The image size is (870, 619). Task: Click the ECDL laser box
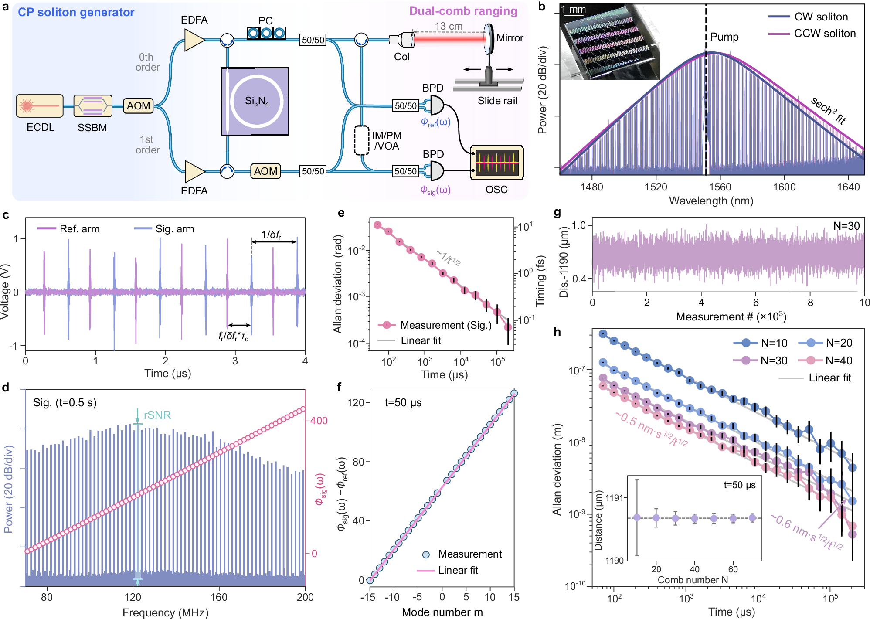[x=40, y=106]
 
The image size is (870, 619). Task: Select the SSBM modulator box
[x=93, y=106]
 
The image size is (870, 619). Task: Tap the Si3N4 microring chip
[x=255, y=102]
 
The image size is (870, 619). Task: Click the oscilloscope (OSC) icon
[x=497, y=163]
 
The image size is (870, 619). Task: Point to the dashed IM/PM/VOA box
[x=361, y=140]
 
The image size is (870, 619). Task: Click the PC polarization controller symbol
[x=266, y=33]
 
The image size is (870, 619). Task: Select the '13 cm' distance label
[x=449, y=26]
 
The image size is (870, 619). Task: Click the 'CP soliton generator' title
[x=76, y=12]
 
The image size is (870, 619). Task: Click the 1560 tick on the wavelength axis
[x=720, y=187]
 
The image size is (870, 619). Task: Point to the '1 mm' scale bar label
[x=573, y=10]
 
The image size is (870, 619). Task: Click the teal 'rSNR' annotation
[x=157, y=415]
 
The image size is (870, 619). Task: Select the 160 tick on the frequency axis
[x=219, y=597]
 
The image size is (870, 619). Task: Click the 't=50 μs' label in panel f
[x=403, y=402]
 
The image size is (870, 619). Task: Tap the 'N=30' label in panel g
[x=846, y=226]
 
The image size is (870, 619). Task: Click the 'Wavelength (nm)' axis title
[x=711, y=201]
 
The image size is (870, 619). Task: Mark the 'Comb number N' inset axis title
[x=693, y=580]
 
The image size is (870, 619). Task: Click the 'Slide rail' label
[x=497, y=101]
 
